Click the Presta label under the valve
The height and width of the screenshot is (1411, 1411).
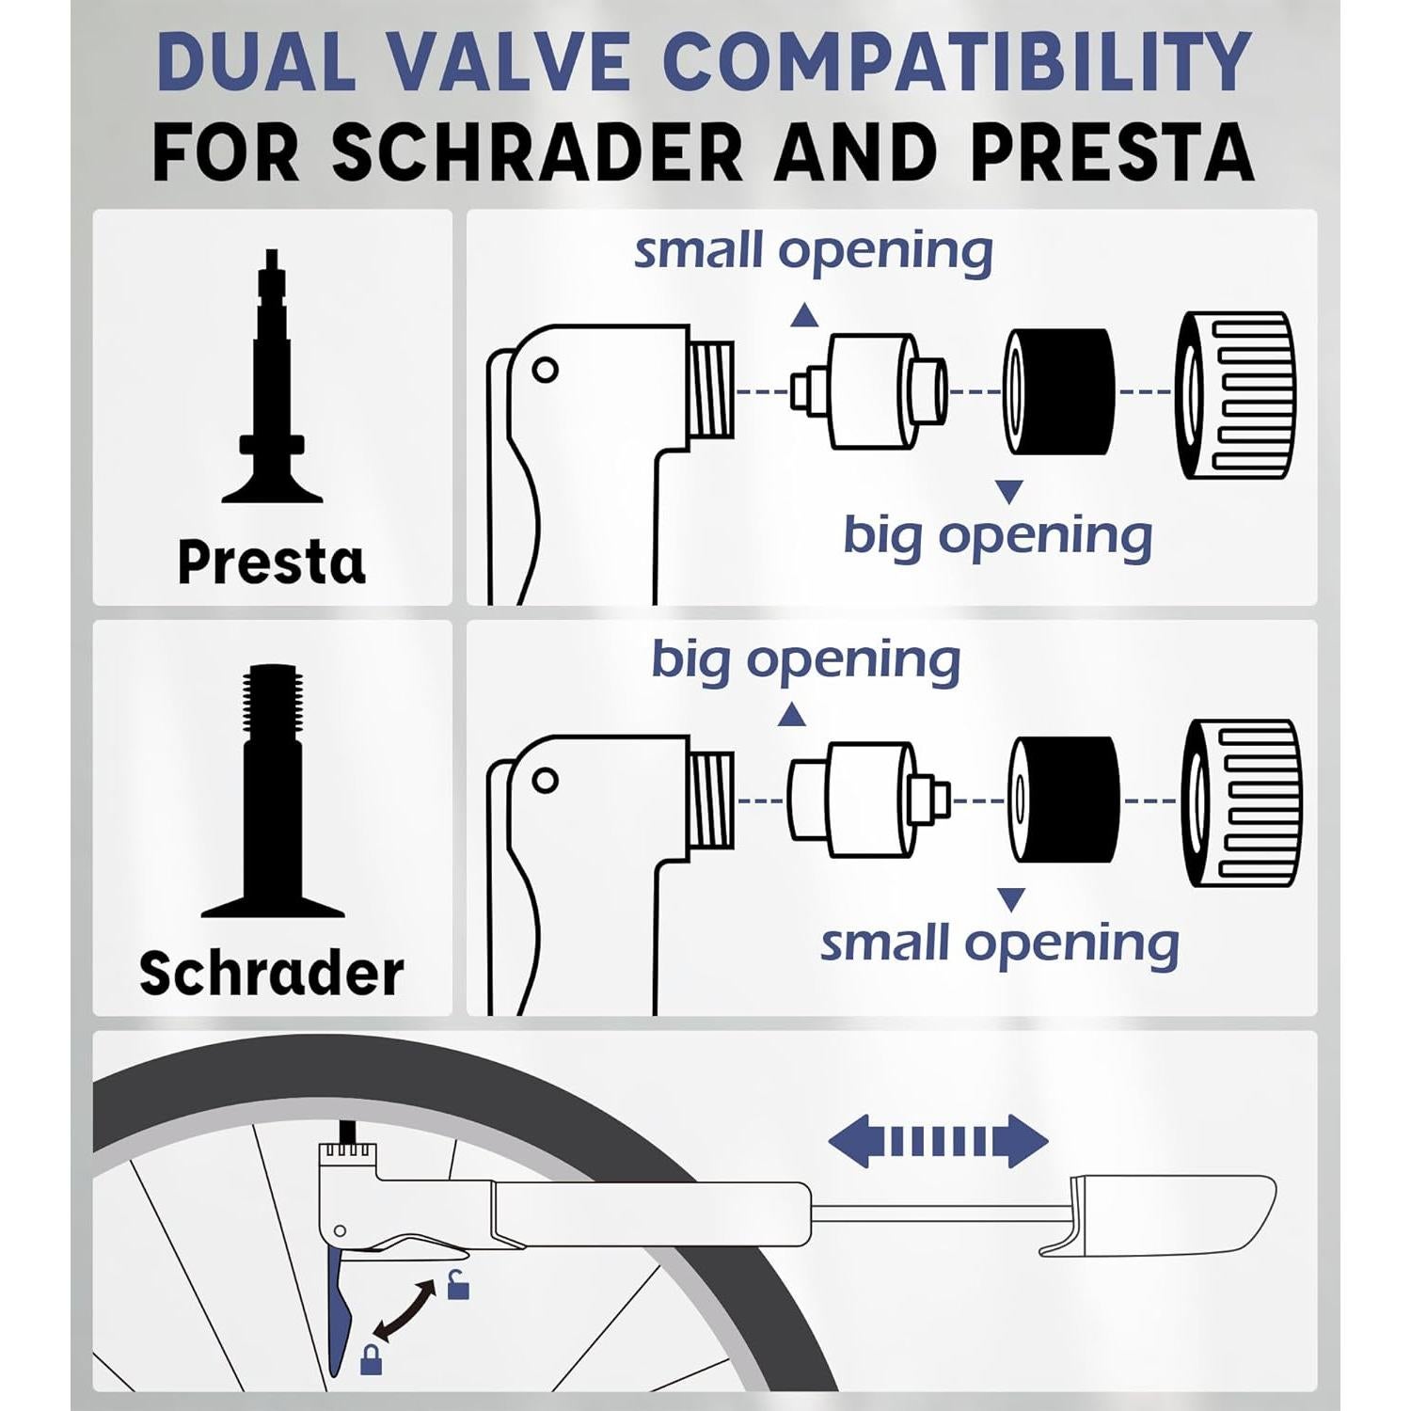coord(272,562)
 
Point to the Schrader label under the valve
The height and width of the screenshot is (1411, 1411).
coord(272,973)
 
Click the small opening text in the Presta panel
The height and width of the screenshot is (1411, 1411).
coord(814,251)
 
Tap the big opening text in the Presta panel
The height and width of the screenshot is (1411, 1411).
coord(997,535)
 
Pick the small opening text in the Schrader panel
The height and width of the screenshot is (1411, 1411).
coord(1000,943)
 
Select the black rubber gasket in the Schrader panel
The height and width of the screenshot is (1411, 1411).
coord(1065,801)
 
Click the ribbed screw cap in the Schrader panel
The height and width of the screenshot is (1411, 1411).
coord(1242,803)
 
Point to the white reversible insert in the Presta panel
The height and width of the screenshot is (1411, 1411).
coord(870,391)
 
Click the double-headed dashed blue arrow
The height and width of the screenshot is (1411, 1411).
coord(938,1141)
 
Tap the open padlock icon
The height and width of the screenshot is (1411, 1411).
coord(458,1284)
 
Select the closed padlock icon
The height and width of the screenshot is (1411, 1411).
coord(372,1359)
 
